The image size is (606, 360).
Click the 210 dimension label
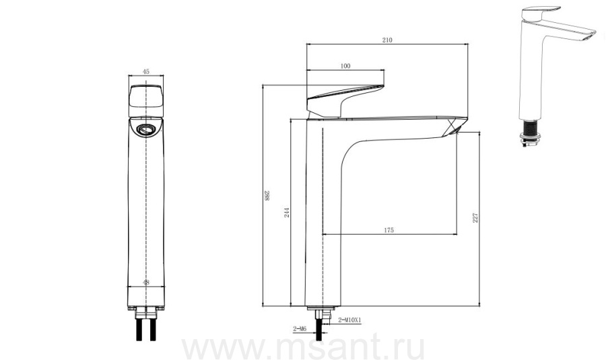coord(387,40)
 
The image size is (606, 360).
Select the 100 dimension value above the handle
coord(345,66)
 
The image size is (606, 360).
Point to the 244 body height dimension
coord(287,212)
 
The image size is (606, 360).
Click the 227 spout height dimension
coord(475,217)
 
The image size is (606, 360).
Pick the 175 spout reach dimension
coord(389,230)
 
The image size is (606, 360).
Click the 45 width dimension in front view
coord(145,71)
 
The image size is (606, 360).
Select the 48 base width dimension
coord(145,283)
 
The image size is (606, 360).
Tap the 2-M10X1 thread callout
coord(349,320)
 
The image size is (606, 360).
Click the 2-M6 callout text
coord(300,329)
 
